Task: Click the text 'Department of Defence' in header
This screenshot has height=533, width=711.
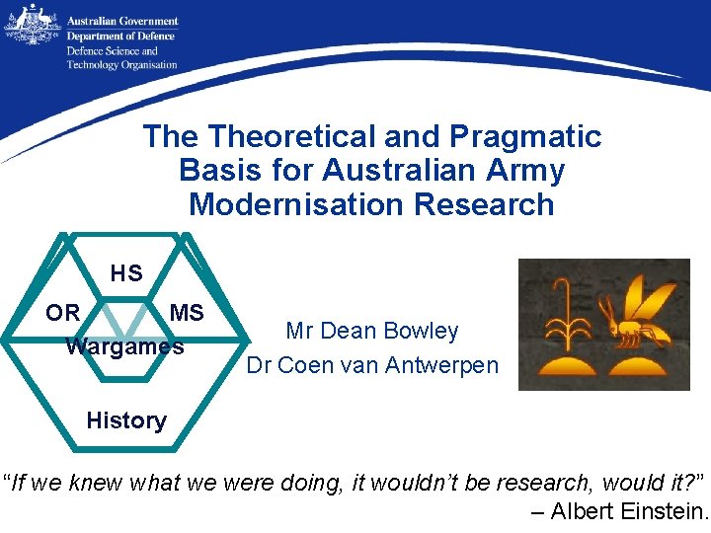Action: pyautogui.click(x=120, y=37)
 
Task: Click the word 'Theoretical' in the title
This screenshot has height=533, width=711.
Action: pyautogui.click(x=287, y=136)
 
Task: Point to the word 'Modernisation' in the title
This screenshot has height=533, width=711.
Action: pyautogui.click(x=284, y=204)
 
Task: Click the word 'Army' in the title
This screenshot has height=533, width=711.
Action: pyautogui.click(x=529, y=171)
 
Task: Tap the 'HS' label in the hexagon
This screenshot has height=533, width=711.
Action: pyautogui.click(x=126, y=273)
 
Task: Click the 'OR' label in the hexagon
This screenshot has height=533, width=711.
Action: pyautogui.click(x=63, y=313)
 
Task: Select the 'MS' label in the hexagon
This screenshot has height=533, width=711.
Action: pyautogui.click(x=187, y=313)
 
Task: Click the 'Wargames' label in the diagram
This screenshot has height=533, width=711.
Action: pyautogui.click(x=124, y=346)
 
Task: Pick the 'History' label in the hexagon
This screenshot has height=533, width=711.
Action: pyautogui.click(x=125, y=420)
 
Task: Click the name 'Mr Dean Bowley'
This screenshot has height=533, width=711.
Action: pyautogui.click(x=372, y=331)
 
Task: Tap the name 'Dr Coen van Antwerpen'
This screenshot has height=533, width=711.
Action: pyautogui.click(x=372, y=365)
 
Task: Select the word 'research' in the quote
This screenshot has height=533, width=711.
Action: pyautogui.click(x=547, y=483)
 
